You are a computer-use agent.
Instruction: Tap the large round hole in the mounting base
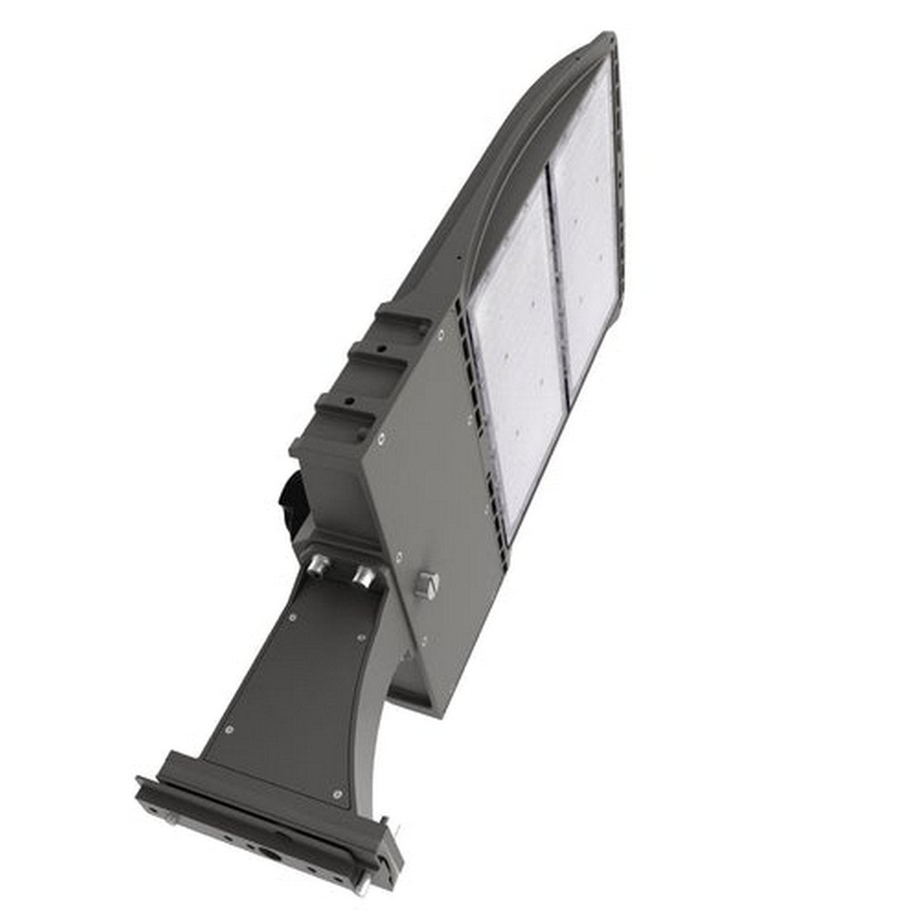[x=269, y=852]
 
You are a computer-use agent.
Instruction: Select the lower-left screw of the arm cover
[x=229, y=730]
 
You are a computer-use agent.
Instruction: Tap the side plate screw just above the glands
[x=398, y=556]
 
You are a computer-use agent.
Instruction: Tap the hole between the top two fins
[x=382, y=349]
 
